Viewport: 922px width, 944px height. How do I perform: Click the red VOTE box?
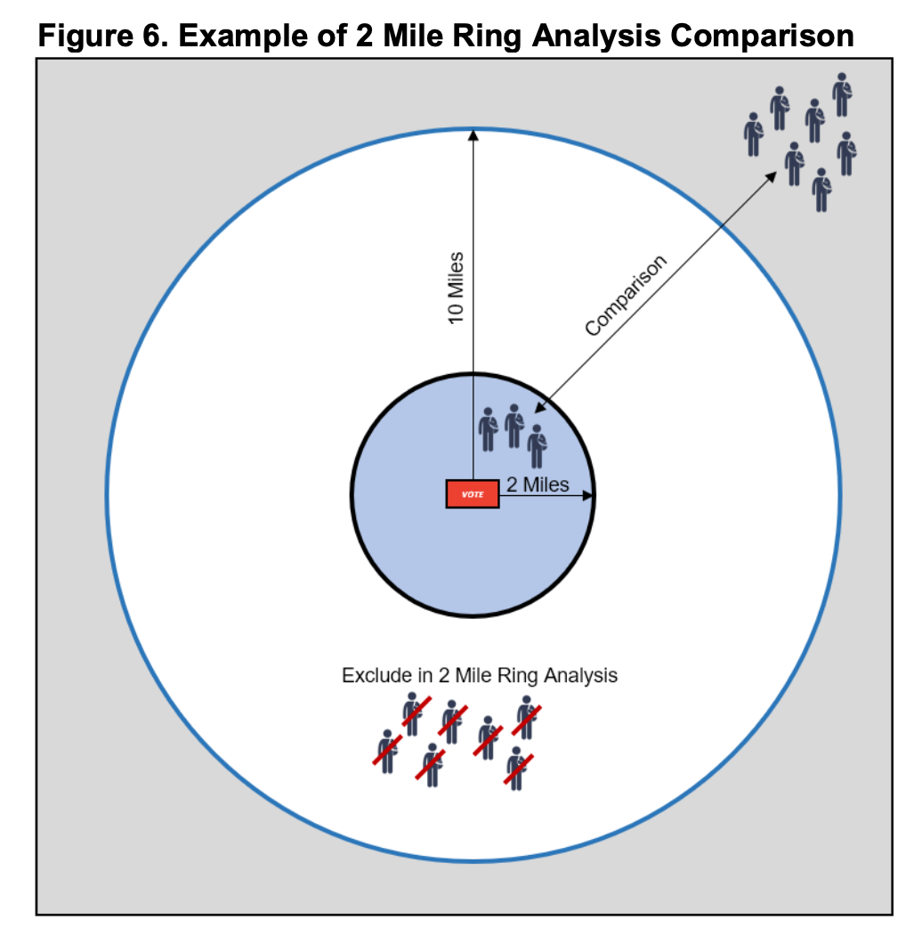point(472,494)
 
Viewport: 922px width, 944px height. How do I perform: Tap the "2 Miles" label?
point(538,485)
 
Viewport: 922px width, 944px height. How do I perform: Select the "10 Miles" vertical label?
point(456,288)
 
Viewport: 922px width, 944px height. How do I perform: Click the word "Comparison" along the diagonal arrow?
point(626,297)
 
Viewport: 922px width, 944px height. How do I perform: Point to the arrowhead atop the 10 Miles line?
point(473,135)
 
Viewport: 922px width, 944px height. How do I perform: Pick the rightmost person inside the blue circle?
point(537,446)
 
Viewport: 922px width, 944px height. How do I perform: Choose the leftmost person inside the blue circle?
point(488,429)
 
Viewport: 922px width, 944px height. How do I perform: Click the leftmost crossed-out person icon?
point(386,751)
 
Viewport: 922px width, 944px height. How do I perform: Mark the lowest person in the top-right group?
point(821,190)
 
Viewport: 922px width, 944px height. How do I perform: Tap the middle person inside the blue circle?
point(514,426)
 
